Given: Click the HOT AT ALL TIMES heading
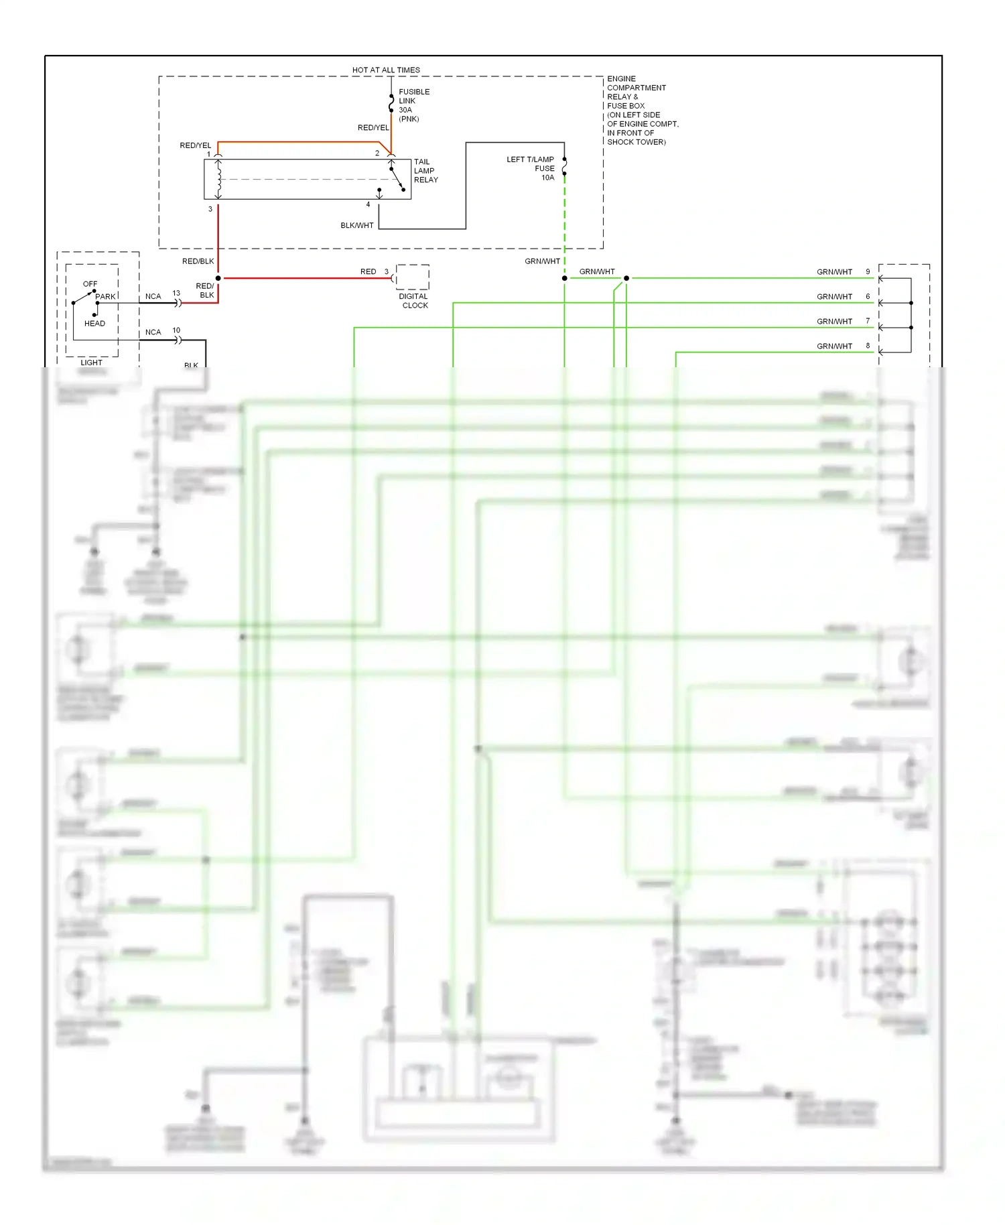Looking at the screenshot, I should pyautogui.click(x=386, y=70).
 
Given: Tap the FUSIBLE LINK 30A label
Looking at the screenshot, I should pyautogui.click(x=413, y=105).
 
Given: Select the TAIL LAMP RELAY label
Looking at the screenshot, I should pyautogui.click(x=425, y=171).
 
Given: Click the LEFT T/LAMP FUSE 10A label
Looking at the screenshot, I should pyautogui.click(x=531, y=168).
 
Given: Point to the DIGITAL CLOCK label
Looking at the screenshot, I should pyautogui.click(x=413, y=301).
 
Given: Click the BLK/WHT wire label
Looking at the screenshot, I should pyautogui.click(x=356, y=225).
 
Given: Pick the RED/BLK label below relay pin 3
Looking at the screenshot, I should pyautogui.click(x=198, y=261).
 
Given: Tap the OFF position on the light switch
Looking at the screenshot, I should pyautogui.click(x=90, y=284).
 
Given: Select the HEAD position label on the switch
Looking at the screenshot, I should pyautogui.click(x=94, y=324).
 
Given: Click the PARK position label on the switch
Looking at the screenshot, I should pyautogui.click(x=105, y=296).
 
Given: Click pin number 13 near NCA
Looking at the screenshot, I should pyautogui.click(x=176, y=294).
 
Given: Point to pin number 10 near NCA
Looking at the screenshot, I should pyautogui.click(x=176, y=330).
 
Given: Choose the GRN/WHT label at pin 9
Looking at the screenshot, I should pyautogui.click(x=834, y=272).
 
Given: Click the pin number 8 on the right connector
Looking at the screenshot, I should pyautogui.click(x=868, y=346).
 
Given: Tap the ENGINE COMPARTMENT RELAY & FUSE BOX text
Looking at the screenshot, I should pyautogui.click(x=641, y=110).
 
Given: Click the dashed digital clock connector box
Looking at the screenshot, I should pyautogui.click(x=413, y=277).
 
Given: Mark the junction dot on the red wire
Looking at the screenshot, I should pyautogui.click(x=218, y=278).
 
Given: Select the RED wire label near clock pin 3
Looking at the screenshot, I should pyautogui.click(x=368, y=271).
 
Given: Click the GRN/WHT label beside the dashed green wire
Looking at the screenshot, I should pyautogui.click(x=542, y=261).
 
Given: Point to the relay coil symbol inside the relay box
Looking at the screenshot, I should pyautogui.click(x=218, y=179).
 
